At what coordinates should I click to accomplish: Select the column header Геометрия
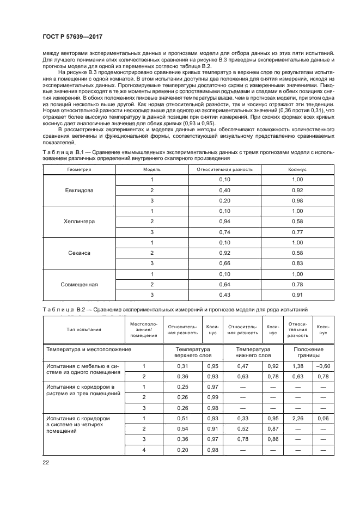click(x=79, y=169)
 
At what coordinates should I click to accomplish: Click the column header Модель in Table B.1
click(x=152, y=169)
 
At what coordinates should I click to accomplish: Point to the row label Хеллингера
click(x=80, y=222)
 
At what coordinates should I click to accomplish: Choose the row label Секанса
click(x=80, y=253)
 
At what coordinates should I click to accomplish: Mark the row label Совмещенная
click(x=80, y=285)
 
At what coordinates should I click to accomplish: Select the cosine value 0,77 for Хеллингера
click(x=297, y=232)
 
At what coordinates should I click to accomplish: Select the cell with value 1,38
click(x=298, y=366)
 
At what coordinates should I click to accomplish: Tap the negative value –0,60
click(x=323, y=366)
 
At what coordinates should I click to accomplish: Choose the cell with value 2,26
click(x=298, y=418)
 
